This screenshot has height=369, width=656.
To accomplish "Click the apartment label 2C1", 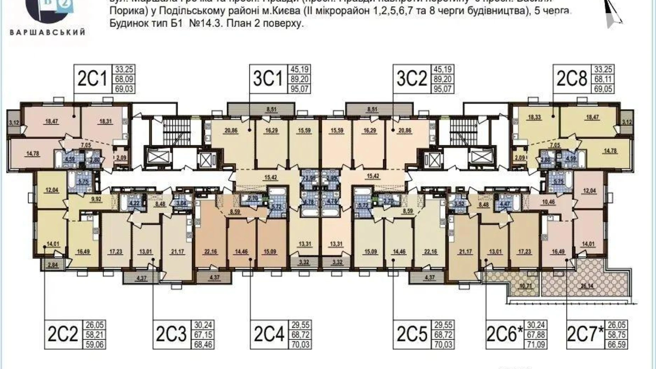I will (92, 79).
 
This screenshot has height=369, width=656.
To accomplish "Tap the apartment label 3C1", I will (268, 79).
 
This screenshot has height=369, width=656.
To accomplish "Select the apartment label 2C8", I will (572, 79).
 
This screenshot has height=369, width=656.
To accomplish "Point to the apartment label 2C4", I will (269, 334).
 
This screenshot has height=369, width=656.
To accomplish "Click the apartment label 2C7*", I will (585, 334).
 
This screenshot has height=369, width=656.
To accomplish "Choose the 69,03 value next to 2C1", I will (124, 89).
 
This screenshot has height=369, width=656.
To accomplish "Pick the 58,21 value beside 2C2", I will (95, 334).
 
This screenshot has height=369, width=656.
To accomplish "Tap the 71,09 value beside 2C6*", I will (536, 344).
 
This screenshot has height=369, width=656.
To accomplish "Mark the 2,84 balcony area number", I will (52, 265).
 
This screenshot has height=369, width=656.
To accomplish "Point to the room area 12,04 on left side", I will (52, 190).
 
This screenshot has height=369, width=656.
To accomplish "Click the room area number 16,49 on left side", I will (83, 252).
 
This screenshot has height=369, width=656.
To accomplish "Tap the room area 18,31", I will (106, 121).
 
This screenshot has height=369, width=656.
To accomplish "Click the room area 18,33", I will (534, 117).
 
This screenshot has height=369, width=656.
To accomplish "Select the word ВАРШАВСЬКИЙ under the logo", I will (48, 32).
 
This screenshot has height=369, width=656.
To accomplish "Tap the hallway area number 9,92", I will (96, 199).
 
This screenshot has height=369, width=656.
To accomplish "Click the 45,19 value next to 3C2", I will (443, 69).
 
